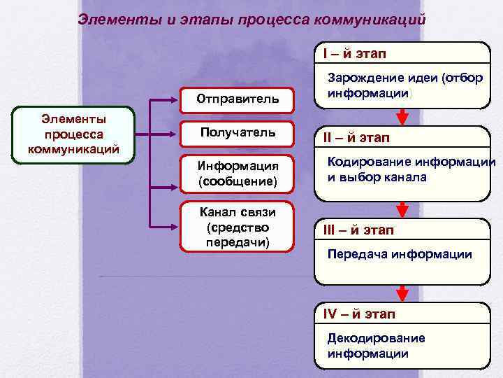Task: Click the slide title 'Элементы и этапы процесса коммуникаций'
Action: pos(251,18)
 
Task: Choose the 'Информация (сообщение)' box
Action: pos(238,174)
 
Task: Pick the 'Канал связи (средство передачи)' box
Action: pos(238,227)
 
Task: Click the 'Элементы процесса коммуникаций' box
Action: pos(73,135)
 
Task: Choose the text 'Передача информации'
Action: pos(400,254)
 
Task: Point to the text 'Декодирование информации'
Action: pos(376,346)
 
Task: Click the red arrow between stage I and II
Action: pos(402,116)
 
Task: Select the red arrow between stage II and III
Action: pos(402,209)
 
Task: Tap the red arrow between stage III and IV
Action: pos(402,293)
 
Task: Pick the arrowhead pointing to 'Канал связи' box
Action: pos(174,225)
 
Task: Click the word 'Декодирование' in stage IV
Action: pos(376,338)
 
